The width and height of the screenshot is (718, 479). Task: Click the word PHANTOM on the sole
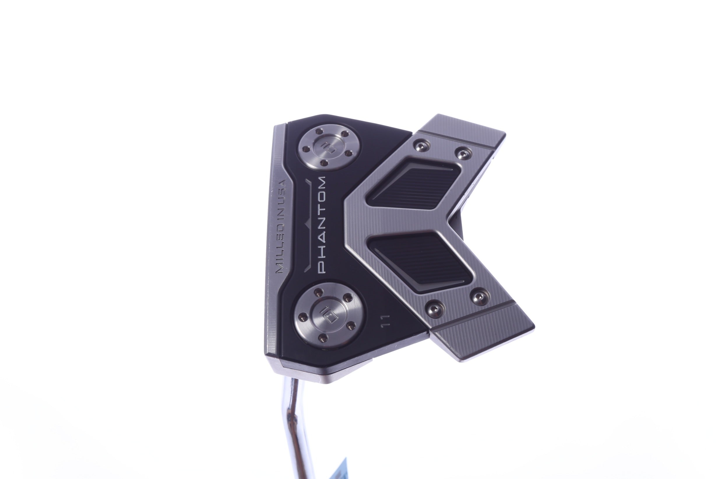coord(321,228)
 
